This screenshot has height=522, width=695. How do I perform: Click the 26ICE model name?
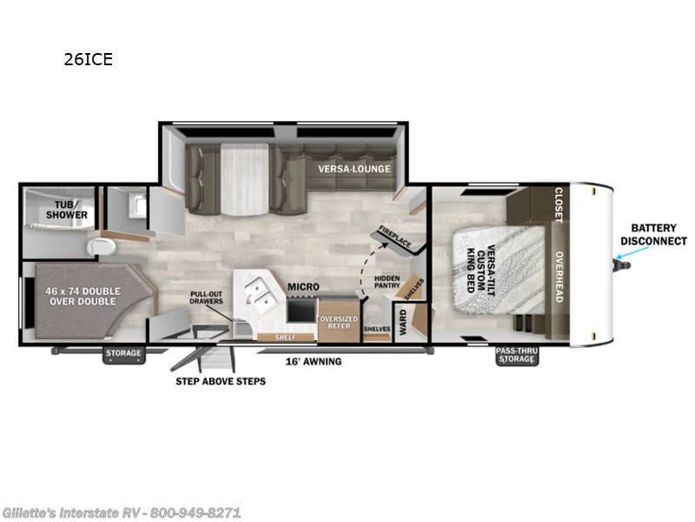pos(89,60)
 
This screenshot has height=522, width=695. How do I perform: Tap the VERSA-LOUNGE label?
pos(354,169)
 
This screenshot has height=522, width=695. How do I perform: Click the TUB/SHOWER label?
pos(68,210)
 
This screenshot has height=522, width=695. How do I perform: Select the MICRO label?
pos(305,286)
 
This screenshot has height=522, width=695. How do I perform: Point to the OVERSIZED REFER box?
pos(339,322)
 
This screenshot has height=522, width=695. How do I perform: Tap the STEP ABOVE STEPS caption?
pos(221,381)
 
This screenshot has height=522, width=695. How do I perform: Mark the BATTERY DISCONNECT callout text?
pos(652,234)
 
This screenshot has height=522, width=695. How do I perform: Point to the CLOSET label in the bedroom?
pos(559,204)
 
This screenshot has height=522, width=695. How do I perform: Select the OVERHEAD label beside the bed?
pos(559,278)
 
